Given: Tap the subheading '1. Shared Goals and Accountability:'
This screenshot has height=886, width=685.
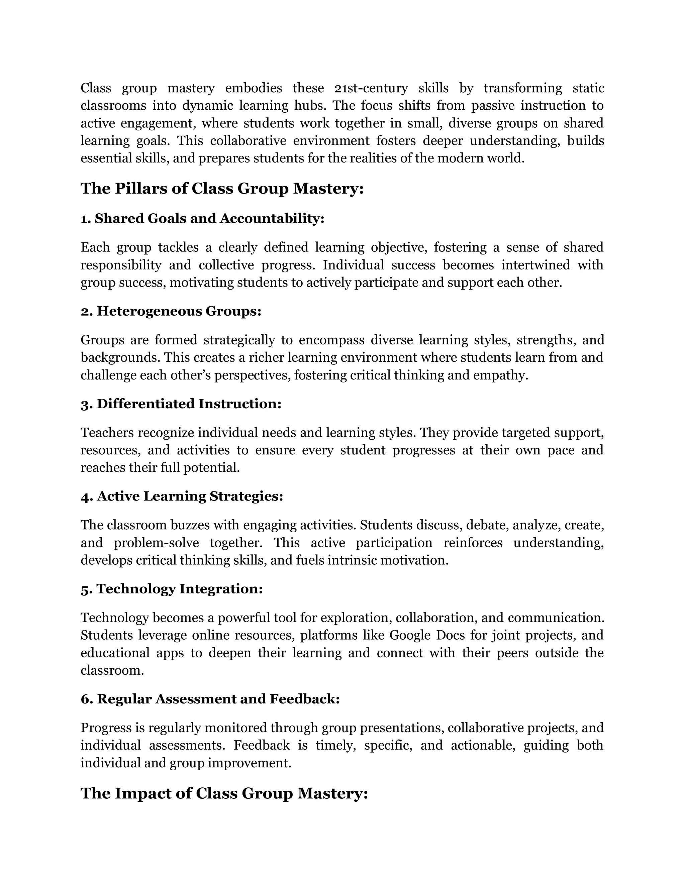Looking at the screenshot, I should pos(202,219).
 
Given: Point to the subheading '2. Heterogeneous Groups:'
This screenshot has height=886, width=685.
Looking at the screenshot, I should pos(171,311).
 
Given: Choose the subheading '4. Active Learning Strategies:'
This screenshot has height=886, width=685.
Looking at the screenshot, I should pos(182,496).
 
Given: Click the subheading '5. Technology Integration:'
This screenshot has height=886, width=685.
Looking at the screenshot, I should pos(172,589).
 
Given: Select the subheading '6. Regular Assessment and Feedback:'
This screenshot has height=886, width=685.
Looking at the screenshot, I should pos(210,699).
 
